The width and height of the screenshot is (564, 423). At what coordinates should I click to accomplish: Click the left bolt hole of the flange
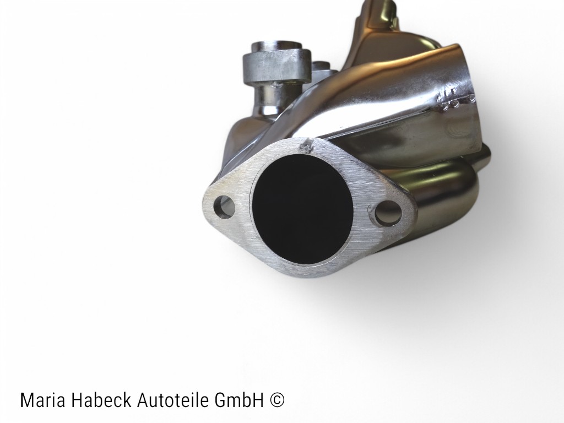[224, 207]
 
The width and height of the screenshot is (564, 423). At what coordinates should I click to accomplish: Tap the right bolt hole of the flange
[387, 213]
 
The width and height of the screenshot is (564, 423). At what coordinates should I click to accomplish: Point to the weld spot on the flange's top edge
[305, 146]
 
